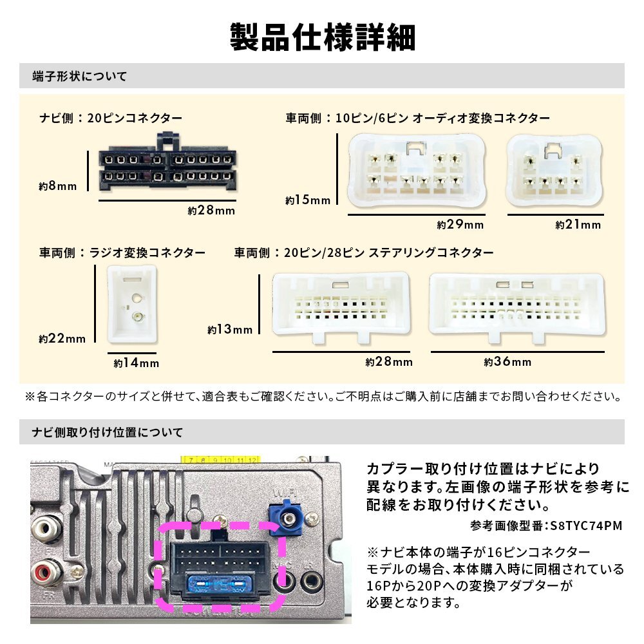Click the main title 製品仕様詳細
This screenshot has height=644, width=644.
[322, 37]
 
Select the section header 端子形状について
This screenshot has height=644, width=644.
[80, 77]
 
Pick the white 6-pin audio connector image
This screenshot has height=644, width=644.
[555, 170]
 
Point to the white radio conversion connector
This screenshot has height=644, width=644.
[132, 303]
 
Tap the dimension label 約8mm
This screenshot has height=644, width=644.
[57, 187]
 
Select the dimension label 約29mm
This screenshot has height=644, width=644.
[460, 225]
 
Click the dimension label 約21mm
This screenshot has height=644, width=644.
[578, 225]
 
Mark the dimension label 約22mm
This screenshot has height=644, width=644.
[62, 338]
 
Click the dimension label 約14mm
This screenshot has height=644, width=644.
[136, 363]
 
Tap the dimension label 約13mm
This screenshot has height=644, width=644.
[230, 330]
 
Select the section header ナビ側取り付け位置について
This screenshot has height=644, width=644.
[108, 432]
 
